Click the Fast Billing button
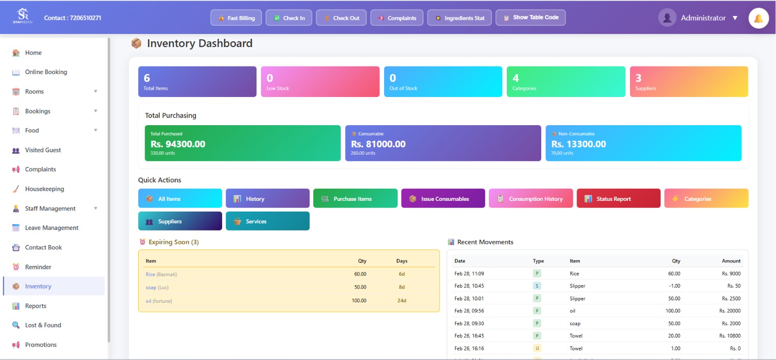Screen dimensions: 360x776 (x=236, y=18)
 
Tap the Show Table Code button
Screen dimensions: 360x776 (x=530, y=17)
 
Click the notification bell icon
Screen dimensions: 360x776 (x=758, y=18)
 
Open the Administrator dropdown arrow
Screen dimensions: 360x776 (x=735, y=18)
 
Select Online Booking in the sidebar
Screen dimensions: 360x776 (x=46, y=72)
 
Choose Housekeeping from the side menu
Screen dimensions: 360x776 (x=44, y=189)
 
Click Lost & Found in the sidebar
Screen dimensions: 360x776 (x=43, y=325)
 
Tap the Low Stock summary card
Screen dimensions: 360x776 (x=320, y=82)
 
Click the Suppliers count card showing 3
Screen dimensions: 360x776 (x=688, y=82)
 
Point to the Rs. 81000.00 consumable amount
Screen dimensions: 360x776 (x=378, y=144)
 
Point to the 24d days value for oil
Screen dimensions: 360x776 (x=402, y=301)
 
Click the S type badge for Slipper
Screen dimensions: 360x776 (x=537, y=286)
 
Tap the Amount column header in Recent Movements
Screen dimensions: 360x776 (x=731, y=261)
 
